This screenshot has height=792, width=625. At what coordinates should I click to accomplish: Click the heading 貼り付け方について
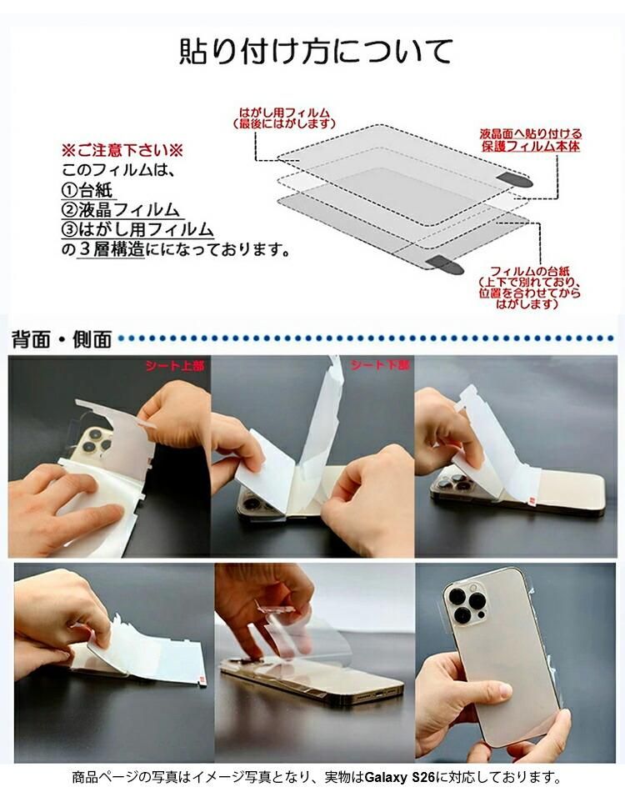[x=315, y=52]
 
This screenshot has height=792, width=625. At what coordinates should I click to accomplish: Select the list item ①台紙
[x=87, y=190]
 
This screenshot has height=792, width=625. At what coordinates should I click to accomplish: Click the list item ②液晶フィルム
[x=120, y=209]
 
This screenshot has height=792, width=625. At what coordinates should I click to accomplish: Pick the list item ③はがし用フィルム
[x=137, y=229]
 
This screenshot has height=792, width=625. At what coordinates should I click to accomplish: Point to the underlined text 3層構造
[x=112, y=249]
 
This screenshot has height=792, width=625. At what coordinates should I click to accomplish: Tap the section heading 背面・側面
[x=62, y=339]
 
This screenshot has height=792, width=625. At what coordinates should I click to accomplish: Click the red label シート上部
[x=175, y=365]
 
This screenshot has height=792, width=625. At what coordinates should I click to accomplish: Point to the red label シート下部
[x=381, y=364]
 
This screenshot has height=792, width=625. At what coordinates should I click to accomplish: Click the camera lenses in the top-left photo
[x=94, y=441]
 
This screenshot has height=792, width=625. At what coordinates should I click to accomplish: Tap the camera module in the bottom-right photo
[x=467, y=600]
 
